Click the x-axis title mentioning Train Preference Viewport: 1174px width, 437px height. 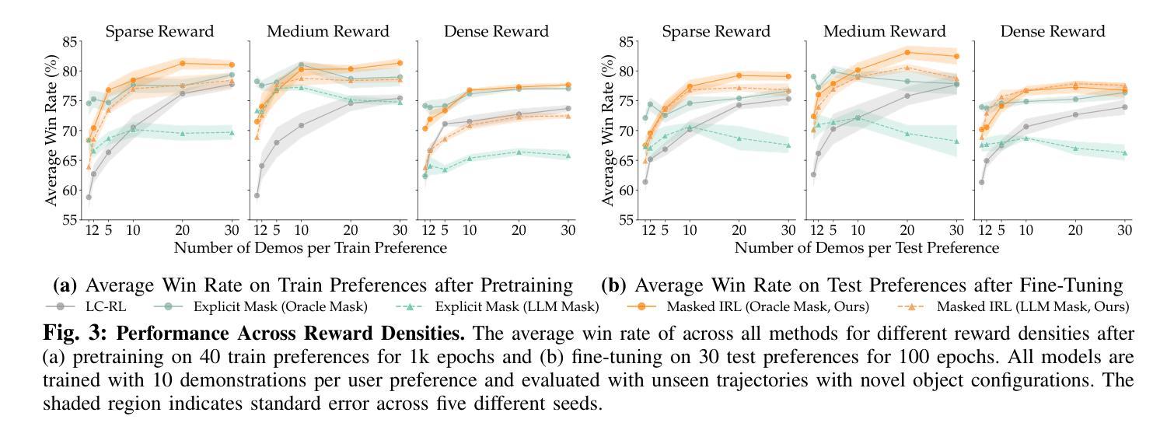coord(310,248)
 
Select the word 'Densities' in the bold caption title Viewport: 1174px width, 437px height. coord(427,335)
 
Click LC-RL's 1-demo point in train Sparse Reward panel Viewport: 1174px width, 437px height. coord(89,198)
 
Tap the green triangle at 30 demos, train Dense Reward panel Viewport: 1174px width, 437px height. coord(568,156)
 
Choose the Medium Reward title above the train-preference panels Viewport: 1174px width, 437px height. coord(327,32)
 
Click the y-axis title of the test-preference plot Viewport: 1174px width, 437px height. coord(608,130)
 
